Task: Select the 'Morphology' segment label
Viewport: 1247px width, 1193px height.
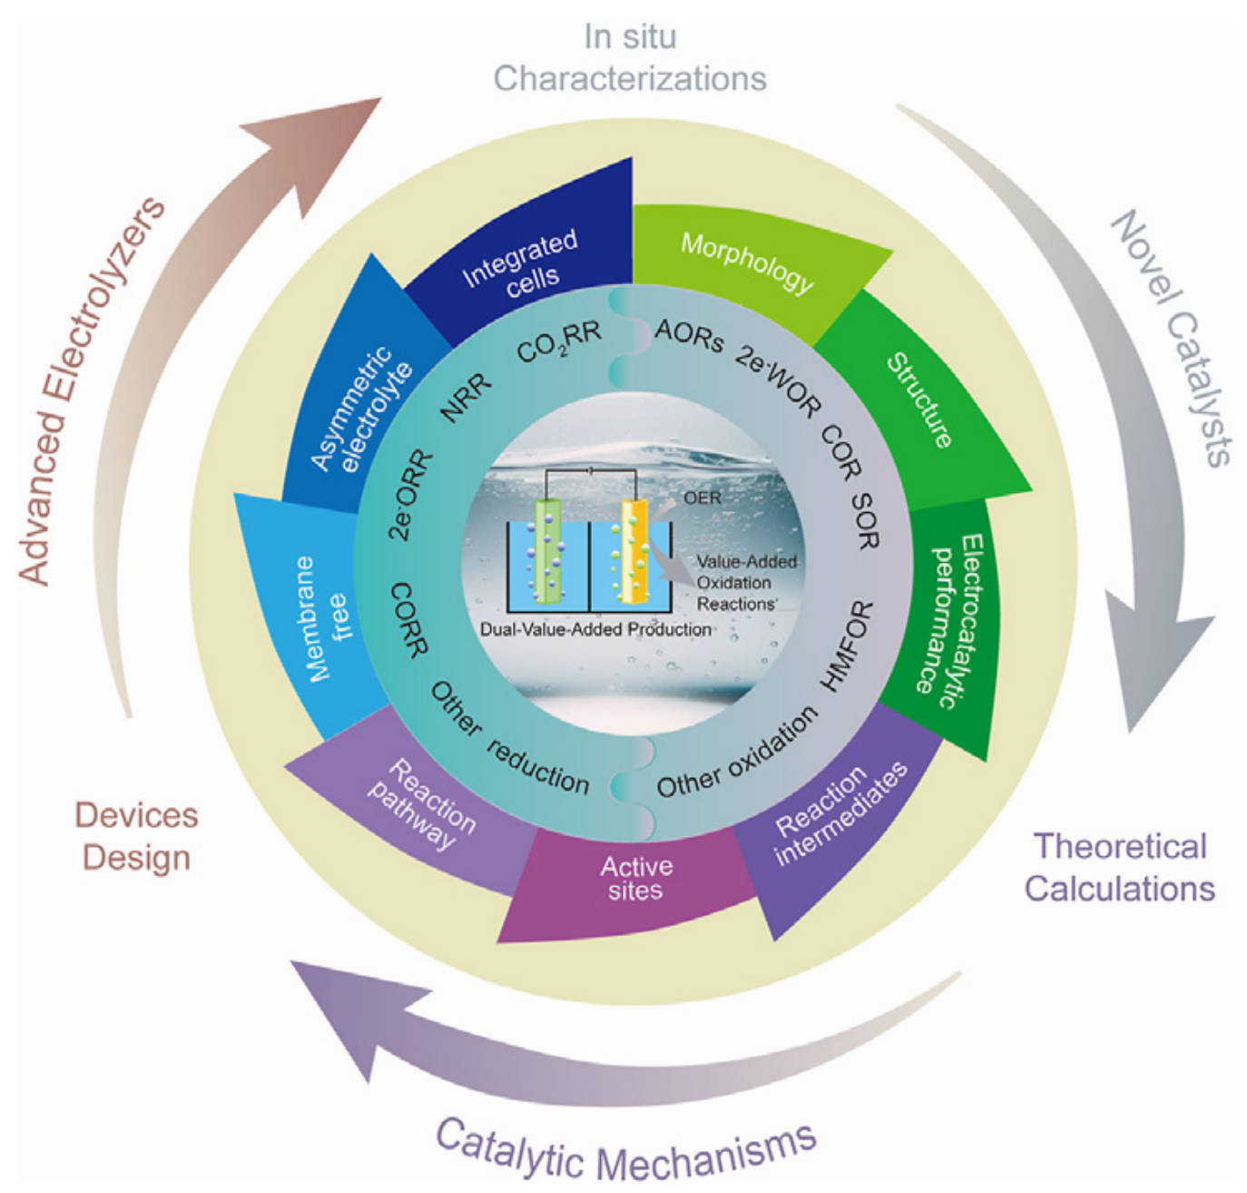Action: coord(747,262)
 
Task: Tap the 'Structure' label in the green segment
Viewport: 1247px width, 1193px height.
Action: coord(919,399)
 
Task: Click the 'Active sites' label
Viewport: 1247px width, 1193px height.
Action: coord(636,878)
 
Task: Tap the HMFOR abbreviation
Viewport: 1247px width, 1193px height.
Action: coord(846,646)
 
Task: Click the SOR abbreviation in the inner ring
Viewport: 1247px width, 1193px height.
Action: coord(865,521)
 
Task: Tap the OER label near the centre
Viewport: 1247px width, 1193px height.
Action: coord(702,498)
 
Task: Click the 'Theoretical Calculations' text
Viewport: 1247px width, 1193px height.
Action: coord(1120,867)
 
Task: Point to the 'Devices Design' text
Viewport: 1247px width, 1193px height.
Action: coord(136,836)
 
